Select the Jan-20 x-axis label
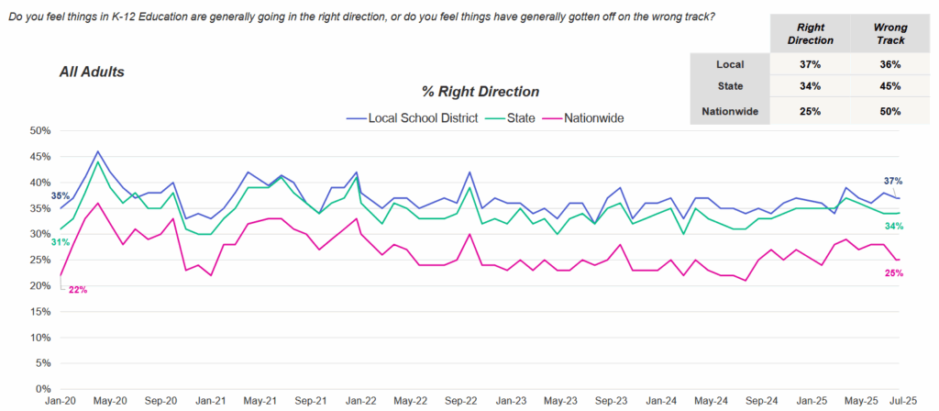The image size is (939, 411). point(60,402)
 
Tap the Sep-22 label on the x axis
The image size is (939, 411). point(461,402)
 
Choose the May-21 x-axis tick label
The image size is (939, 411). point(260,402)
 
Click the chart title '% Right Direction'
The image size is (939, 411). point(480,92)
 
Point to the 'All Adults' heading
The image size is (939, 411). point(92,71)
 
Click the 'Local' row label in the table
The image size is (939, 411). point(730,64)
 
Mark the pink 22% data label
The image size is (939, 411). point(77,290)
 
